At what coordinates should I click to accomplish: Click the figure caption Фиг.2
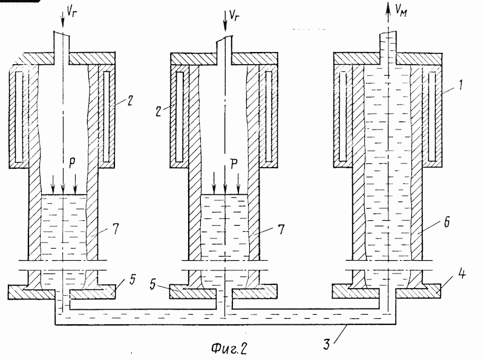pos(229,348)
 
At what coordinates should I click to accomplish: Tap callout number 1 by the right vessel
pos(460,85)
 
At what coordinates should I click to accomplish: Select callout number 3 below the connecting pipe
pos(327,344)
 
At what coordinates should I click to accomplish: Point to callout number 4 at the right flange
pos(462,273)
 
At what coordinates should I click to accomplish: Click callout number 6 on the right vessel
pos(446,221)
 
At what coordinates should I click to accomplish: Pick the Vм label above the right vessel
pos(401,11)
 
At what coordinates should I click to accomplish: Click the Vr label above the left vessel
pos(71,12)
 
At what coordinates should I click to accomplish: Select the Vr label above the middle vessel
pos(234,16)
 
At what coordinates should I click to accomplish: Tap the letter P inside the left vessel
pos(72,163)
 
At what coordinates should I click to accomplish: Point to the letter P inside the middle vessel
pos(234,164)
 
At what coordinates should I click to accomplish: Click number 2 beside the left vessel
pos(130,101)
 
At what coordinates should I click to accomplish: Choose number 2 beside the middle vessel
pos(159,111)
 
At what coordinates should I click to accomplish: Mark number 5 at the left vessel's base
pos(132,279)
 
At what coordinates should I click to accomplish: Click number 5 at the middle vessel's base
pos(153,284)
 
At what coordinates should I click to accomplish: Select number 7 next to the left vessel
pos(116,229)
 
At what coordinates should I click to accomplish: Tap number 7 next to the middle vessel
pos(281,229)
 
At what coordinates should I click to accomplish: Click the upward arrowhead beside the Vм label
pos(387,8)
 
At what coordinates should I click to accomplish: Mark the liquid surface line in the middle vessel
pos(224,194)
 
